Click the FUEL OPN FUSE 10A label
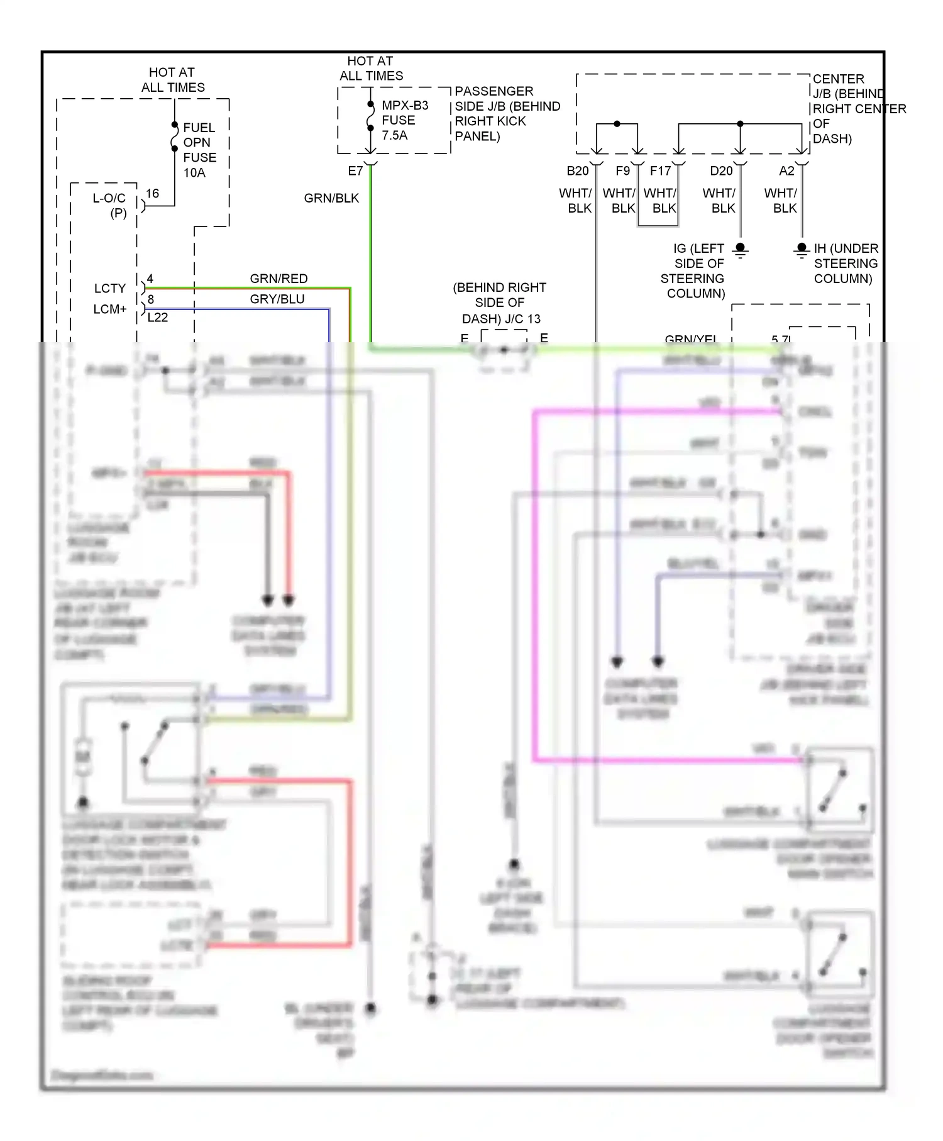click(x=199, y=150)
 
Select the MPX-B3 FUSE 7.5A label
click(x=404, y=120)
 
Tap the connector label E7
click(x=355, y=171)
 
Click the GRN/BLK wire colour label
click(x=331, y=198)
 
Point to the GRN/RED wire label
click(x=278, y=279)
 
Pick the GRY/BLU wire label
click(x=277, y=299)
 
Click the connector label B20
click(x=577, y=171)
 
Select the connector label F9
click(x=622, y=171)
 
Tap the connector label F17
click(x=660, y=171)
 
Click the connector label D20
click(x=721, y=171)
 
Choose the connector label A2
click(x=786, y=171)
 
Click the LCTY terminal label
click(x=110, y=289)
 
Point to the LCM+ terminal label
click(x=110, y=309)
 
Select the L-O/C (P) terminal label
click(x=109, y=206)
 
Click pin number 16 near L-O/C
click(x=152, y=194)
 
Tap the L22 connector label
click(x=157, y=318)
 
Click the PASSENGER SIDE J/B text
click(x=507, y=114)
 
